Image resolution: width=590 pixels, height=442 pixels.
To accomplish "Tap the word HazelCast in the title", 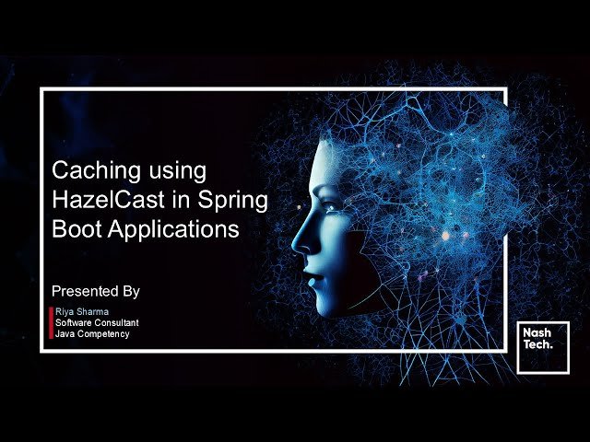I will coord(105,200).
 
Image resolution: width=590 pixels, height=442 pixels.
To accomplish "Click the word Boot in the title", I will coord(74,229).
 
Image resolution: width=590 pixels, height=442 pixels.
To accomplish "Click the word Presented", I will coord(86,291).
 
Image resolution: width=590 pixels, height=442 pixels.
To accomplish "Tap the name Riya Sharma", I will coord(82,313).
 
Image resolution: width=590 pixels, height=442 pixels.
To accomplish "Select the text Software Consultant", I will coord(97,323).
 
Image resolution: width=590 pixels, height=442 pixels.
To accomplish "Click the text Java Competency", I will coord(92,334).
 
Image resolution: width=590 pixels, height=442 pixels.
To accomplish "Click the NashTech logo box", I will coord(543,347).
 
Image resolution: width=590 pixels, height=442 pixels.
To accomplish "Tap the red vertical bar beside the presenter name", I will coord(51,323).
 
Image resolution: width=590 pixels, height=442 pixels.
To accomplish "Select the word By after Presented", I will coord(130,291).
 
